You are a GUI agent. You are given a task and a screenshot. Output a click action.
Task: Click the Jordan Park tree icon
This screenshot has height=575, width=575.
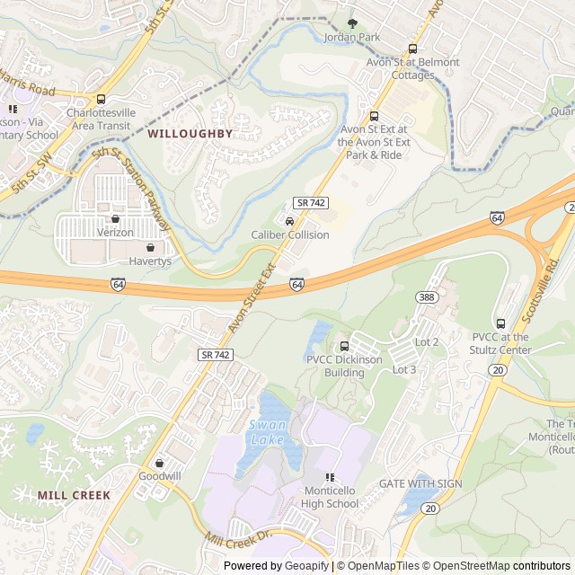(352, 23)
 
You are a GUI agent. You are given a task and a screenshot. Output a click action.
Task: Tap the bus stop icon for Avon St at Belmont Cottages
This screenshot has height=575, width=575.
(412, 49)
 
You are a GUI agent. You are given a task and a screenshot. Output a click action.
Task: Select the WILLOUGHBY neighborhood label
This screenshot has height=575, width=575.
(190, 133)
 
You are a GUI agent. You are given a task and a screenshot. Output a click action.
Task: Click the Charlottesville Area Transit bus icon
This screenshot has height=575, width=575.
(101, 99)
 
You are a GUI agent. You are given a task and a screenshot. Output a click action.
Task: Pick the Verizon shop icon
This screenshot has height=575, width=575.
(115, 218)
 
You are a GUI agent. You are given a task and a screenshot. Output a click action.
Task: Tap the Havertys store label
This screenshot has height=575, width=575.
(149, 261)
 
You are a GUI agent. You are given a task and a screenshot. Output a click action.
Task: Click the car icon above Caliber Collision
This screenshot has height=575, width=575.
(289, 221)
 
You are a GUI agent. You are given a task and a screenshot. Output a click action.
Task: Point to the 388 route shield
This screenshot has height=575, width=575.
(426, 296)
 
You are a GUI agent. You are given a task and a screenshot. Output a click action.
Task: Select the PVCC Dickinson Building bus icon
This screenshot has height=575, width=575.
(344, 346)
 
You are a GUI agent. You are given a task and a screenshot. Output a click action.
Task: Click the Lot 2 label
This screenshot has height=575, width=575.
(428, 342)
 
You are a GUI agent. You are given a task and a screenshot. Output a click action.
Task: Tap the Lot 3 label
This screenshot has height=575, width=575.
(404, 369)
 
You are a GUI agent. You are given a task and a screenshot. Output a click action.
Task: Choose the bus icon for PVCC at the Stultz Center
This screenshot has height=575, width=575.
(500, 323)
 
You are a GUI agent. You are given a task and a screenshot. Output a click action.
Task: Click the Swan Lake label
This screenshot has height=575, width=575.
(267, 432)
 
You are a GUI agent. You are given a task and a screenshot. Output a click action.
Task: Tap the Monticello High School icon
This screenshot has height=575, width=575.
(330, 477)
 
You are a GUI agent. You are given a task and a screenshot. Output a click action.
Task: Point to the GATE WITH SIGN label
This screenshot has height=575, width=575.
(420, 483)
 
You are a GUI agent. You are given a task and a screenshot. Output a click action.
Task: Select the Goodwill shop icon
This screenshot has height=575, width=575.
(160, 463)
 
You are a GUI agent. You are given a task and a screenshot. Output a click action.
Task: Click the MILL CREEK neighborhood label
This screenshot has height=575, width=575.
(74, 495)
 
